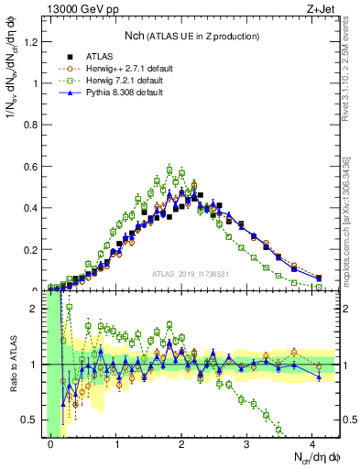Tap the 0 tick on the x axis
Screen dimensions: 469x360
tap(51, 444)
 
